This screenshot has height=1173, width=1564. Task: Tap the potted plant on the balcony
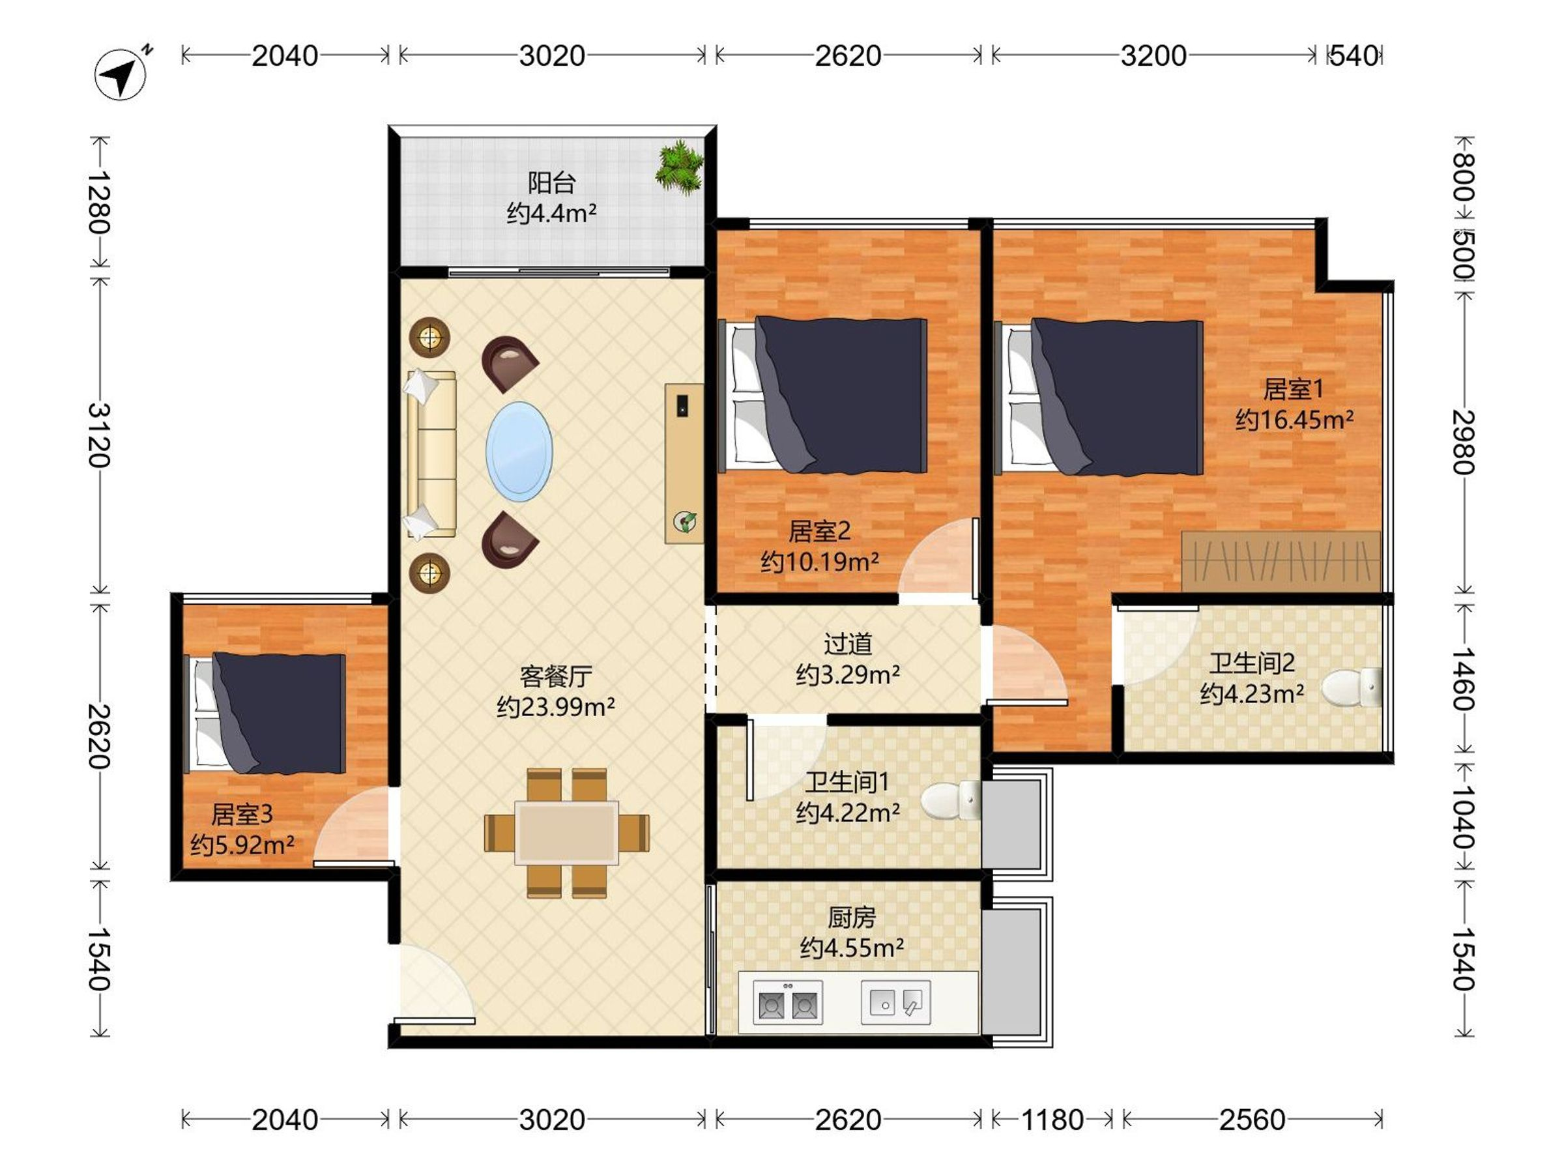679,167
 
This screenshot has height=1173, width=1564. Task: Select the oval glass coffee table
519,452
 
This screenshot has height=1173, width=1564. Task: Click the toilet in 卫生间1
950,800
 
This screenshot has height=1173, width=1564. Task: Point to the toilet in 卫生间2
1351,688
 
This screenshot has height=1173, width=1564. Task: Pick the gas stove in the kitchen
788,1002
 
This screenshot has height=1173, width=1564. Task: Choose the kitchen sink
895,1002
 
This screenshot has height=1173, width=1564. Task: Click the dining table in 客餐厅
566,832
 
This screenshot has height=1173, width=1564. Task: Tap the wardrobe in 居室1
1281,561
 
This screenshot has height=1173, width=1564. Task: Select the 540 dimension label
1354,55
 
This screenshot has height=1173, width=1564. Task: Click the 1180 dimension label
1052,1120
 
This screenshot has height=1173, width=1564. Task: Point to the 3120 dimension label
98,435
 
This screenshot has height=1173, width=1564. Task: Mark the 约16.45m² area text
1294,419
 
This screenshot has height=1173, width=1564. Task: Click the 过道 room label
847,643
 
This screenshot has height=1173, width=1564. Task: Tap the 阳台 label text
551,182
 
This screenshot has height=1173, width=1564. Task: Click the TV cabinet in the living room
684,463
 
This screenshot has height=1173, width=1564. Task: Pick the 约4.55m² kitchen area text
851,948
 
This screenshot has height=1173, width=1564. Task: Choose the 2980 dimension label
1463,442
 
